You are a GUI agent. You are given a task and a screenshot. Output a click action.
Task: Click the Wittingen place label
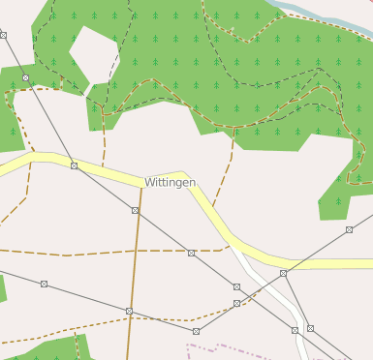170,182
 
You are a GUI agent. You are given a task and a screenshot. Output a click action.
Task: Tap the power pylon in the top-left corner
4,35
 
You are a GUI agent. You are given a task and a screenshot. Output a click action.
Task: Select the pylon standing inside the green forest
26,77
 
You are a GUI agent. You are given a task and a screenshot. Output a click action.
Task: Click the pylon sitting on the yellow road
75,166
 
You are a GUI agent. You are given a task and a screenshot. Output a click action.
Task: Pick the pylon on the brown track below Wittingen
135,210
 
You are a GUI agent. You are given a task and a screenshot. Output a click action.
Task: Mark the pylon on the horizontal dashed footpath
192,254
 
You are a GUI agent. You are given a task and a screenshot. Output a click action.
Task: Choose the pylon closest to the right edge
349,230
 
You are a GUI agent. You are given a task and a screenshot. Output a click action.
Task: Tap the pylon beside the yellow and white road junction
283,274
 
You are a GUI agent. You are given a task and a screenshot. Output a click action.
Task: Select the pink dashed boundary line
233,347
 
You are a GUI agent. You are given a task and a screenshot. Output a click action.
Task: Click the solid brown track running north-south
131,290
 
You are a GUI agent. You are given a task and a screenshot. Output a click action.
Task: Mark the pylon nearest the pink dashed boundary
196,331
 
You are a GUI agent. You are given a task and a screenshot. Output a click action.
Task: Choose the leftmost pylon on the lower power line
44,285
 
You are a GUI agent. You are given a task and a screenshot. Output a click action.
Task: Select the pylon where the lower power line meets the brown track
129,311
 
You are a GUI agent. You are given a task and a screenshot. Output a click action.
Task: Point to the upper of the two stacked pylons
236,287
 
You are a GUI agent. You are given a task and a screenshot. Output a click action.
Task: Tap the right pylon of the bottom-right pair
310,329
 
